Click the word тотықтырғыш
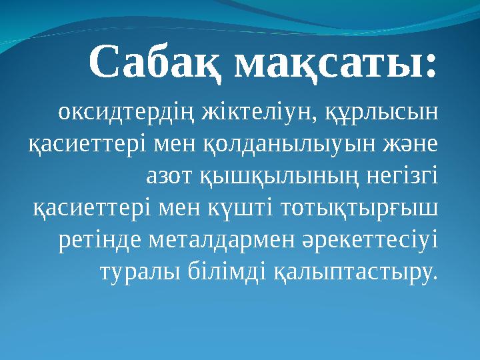[x=362, y=207]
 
